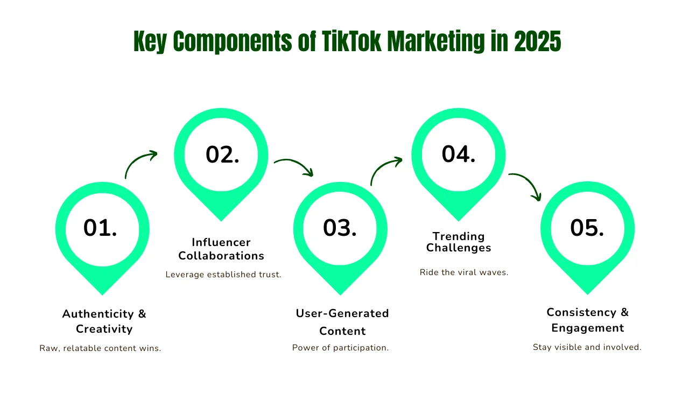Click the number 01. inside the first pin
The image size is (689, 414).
click(x=100, y=228)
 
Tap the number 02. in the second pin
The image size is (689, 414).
click(x=222, y=155)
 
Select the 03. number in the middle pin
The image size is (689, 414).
click(x=340, y=228)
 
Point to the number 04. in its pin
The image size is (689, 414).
click(x=459, y=154)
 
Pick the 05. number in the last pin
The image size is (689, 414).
click(x=587, y=228)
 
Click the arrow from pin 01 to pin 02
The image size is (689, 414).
click(x=137, y=159)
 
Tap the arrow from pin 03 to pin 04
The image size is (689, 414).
click(x=382, y=166)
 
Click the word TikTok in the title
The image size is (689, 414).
click(x=351, y=41)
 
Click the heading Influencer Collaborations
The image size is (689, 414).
click(x=221, y=249)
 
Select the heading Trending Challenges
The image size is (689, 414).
click(x=459, y=242)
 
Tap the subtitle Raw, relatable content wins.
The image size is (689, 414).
click(x=100, y=348)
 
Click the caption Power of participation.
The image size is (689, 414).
click(x=341, y=348)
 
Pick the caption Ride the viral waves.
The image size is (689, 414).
click(x=464, y=272)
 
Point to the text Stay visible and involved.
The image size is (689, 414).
click(x=587, y=347)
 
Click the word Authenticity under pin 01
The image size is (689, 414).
click(x=98, y=314)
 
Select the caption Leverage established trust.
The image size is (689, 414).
click(x=223, y=275)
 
